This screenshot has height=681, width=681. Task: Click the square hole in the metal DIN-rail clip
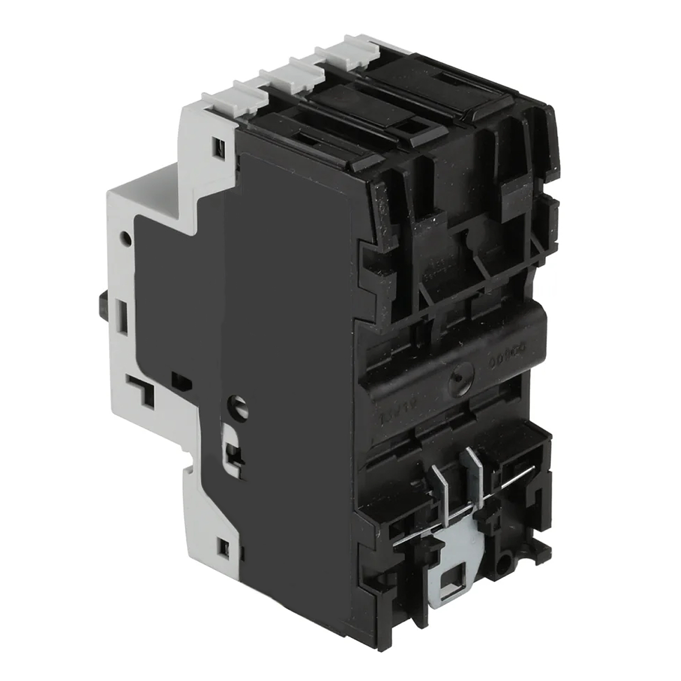point(452,581)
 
